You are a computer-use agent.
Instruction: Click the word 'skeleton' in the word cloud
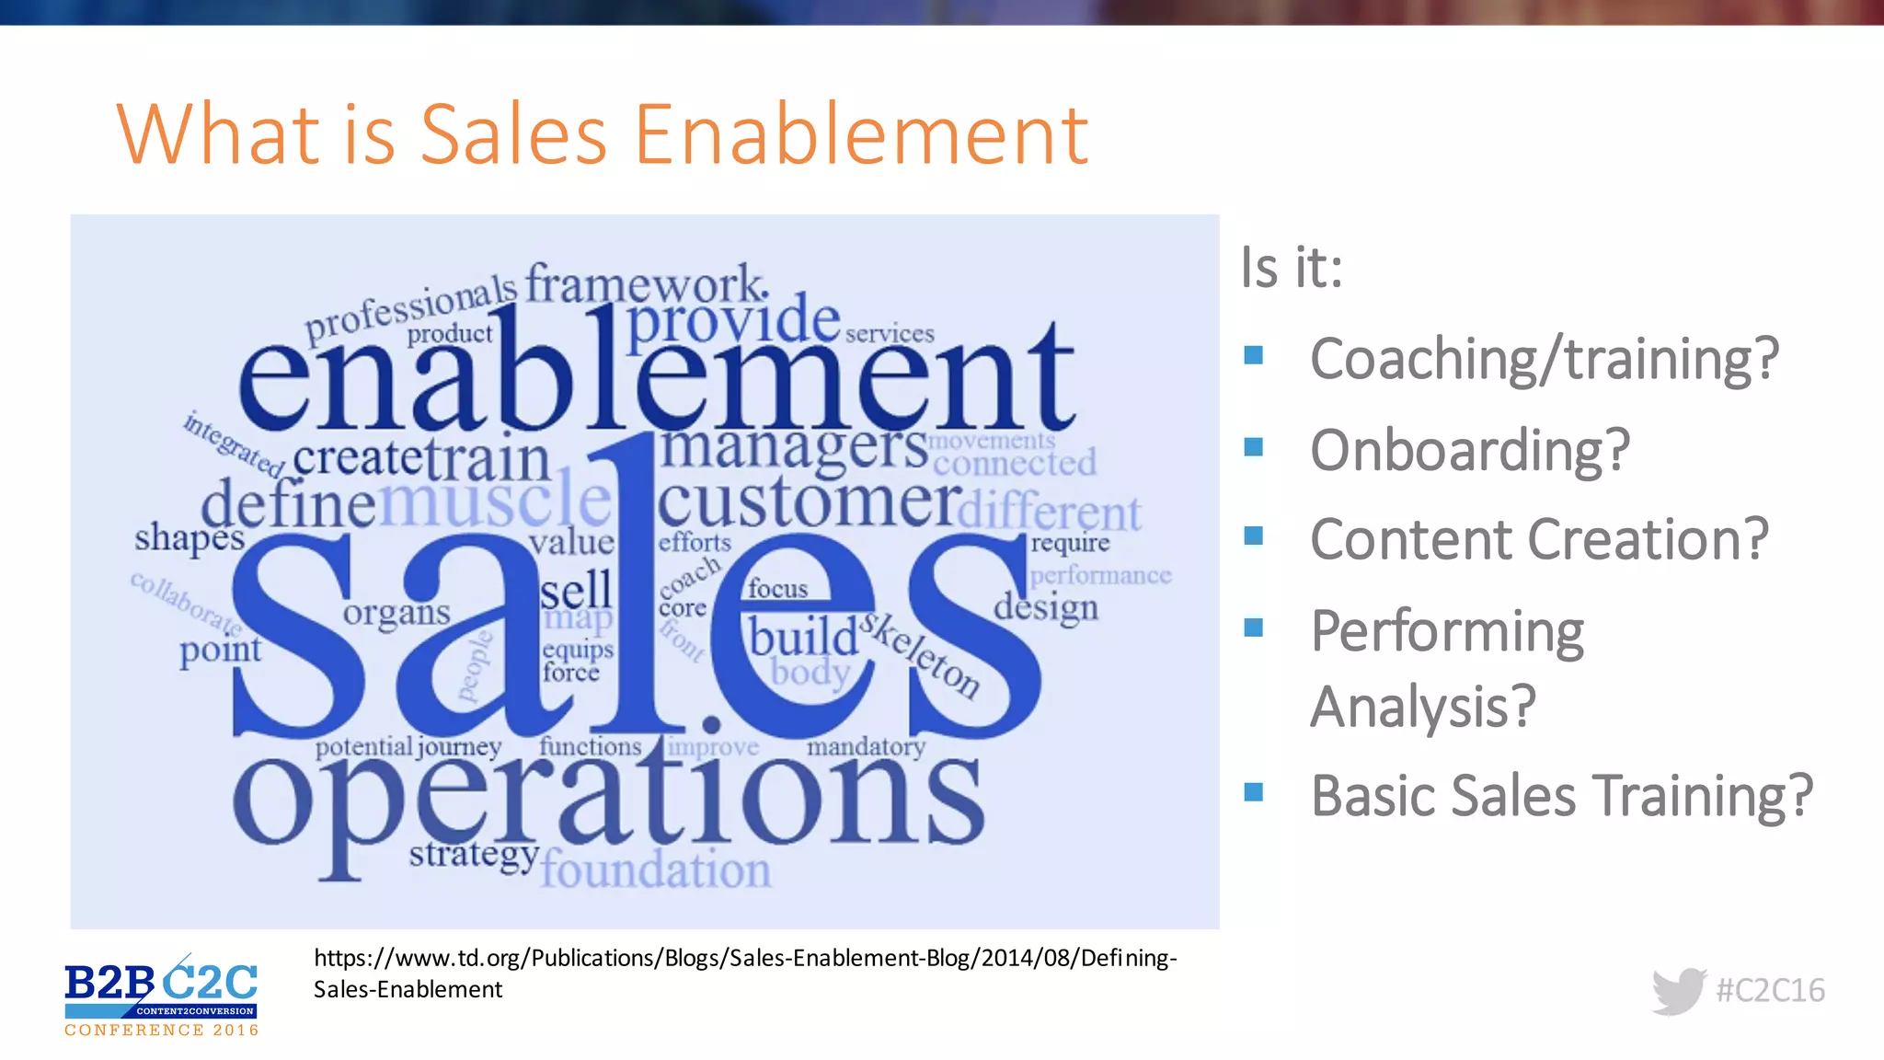point(920,655)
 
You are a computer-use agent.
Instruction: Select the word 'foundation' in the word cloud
point(655,870)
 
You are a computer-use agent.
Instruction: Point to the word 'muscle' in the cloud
point(495,500)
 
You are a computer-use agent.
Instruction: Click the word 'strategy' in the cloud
point(473,854)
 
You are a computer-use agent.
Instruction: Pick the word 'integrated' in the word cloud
point(233,444)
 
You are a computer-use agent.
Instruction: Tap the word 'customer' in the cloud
point(808,501)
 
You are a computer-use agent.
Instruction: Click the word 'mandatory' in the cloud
point(866,746)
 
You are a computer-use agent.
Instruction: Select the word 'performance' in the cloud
point(1100,576)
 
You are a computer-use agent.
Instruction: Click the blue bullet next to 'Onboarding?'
point(1253,447)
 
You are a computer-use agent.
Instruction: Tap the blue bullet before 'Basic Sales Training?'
point(1253,792)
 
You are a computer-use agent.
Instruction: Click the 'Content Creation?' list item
point(1538,539)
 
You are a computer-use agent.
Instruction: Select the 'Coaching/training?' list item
point(1544,359)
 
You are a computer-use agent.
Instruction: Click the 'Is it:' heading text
point(1292,268)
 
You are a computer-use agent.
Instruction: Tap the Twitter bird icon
point(1679,991)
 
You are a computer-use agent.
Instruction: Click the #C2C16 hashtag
point(1770,991)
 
